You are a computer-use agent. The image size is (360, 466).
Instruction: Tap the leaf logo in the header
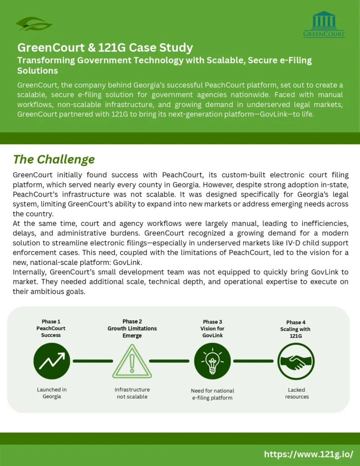[34, 23]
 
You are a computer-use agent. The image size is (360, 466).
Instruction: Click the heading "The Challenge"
[54, 159]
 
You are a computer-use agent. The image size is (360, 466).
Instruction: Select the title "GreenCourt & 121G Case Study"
[105, 48]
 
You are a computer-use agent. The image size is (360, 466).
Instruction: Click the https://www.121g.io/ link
[309, 454]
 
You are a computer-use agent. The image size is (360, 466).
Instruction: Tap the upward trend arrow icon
[51, 361]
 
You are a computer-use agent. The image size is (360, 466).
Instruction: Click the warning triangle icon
[132, 361]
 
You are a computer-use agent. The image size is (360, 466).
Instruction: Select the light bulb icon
[212, 361]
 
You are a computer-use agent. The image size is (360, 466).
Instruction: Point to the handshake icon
[296, 361]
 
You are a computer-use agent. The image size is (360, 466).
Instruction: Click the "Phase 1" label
[51, 322]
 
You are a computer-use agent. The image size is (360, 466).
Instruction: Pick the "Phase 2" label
[132, 321]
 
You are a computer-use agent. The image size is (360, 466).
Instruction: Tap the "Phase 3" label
[213, 322]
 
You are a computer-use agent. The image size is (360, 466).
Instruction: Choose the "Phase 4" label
[296, 322]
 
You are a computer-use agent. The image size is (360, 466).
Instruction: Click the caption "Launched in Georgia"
[51, 393]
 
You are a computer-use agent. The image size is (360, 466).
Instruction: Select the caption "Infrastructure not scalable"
[132, 393]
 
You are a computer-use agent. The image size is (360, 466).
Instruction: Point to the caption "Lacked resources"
[297, 393]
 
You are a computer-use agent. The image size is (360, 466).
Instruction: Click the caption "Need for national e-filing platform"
[212, 394]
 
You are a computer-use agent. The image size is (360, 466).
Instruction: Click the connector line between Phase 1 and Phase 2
[92, 361]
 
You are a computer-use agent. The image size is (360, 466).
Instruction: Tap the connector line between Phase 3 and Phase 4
[253, 361]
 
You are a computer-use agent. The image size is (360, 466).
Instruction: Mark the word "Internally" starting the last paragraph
[30, 272]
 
